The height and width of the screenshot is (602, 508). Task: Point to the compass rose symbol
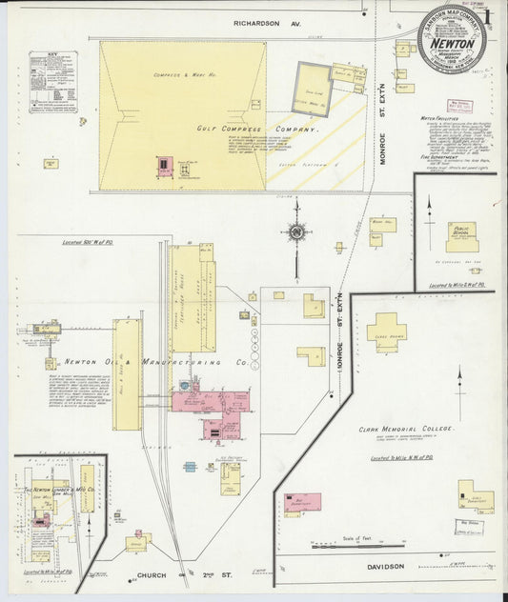point(297,231)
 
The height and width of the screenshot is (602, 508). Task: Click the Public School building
point(461,235)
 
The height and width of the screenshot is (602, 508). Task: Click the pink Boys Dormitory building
point(301,501)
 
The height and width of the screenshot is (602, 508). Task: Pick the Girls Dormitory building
point(474,492)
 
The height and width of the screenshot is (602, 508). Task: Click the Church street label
point(152,575)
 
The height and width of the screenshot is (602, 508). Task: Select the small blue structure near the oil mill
point(191,467)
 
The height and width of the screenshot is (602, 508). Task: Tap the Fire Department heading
point(438,156)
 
